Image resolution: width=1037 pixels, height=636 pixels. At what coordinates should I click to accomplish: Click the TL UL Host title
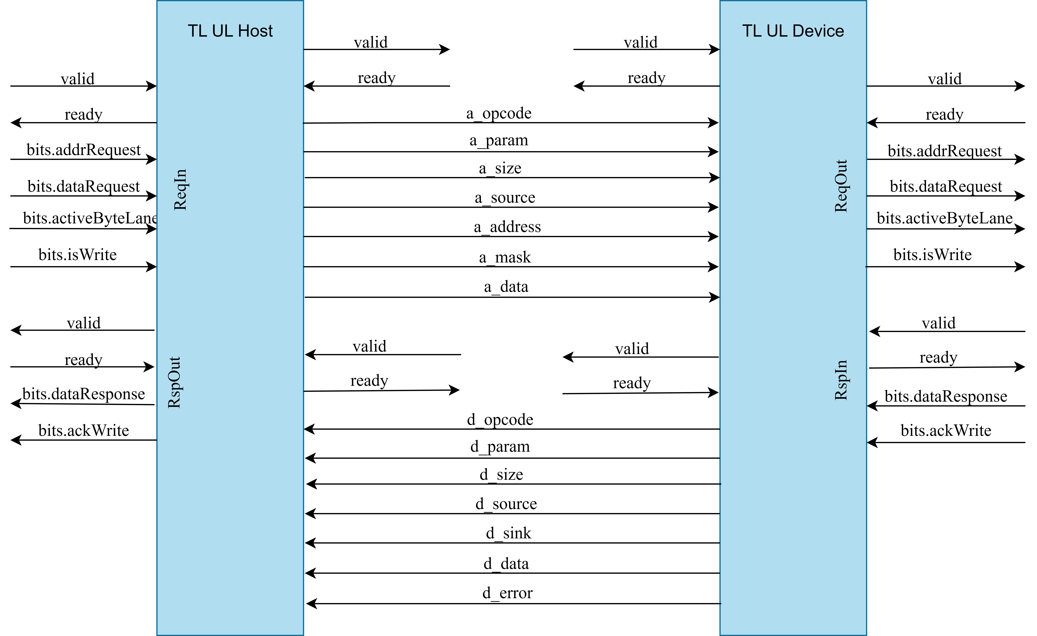(x=230, y=31)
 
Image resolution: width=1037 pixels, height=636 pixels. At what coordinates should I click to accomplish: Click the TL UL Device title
(x=793, y=31)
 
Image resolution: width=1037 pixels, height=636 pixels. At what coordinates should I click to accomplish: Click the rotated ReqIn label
(x=180, y=190)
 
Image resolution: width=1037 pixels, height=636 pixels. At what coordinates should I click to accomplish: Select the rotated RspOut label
(x=174, y=382)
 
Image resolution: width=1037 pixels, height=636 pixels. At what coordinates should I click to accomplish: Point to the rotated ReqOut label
(x=841, y=186)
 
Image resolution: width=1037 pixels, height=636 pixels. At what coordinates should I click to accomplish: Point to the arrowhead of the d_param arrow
(x=310, y=458)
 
